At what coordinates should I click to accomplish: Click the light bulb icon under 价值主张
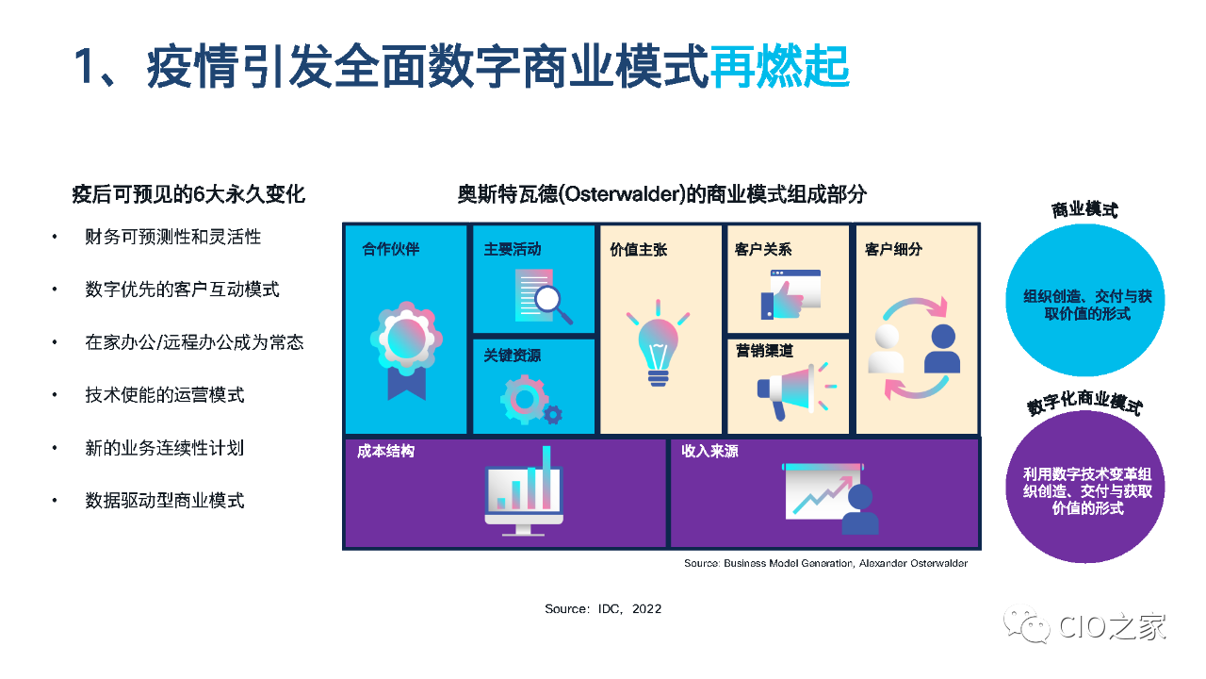point(658,343)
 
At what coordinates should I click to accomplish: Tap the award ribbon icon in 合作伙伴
point(406,350)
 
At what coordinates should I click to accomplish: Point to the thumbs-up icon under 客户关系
point(790,294)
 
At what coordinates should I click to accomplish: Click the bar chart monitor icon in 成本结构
point(524,490)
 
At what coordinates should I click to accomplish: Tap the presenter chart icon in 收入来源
point(830,499)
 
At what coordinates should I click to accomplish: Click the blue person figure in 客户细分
point(942,349)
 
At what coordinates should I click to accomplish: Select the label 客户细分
point(893,250)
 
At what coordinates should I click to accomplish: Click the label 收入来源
point(709,451)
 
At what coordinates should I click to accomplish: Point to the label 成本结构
point(385,451)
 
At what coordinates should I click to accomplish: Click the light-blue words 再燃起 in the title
point(780,67)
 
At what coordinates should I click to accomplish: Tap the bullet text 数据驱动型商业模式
point(165,501)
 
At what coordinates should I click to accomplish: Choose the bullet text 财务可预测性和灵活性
point(172,237)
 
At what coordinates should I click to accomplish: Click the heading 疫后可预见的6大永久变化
point(188,194)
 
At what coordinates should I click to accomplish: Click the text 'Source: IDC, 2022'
point(603,609)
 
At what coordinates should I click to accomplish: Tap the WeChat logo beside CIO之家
point(1026,624)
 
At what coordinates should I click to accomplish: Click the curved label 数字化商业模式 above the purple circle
point(1084,403)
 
